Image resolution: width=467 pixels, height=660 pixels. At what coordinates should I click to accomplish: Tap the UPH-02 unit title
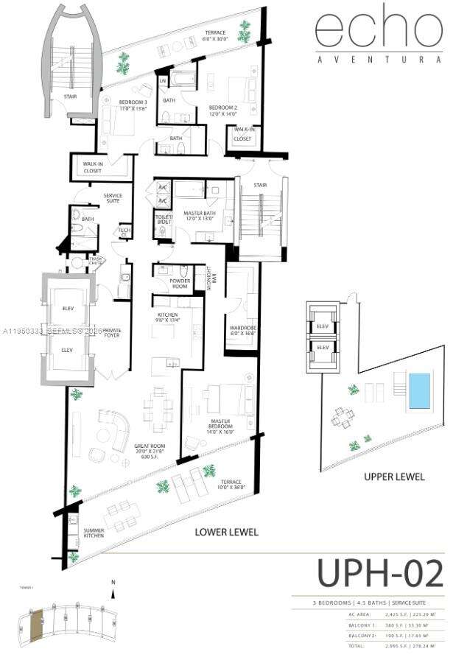[x=380, y=574]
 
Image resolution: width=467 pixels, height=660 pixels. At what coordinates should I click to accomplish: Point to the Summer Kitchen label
[x=93, y=533]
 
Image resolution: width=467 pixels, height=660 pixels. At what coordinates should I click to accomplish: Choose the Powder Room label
[x=179, y=283]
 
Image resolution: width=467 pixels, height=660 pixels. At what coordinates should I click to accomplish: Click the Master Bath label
[x=198, y=216]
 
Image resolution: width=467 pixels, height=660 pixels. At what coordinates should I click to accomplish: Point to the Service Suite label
[x=113, y=198]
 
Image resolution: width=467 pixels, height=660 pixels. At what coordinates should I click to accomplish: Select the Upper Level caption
[x=394, y=477]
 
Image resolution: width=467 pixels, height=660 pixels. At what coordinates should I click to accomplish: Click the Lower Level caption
[x=225, y=532]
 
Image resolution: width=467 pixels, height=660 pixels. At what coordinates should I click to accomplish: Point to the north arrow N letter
[x=113, y=583]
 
